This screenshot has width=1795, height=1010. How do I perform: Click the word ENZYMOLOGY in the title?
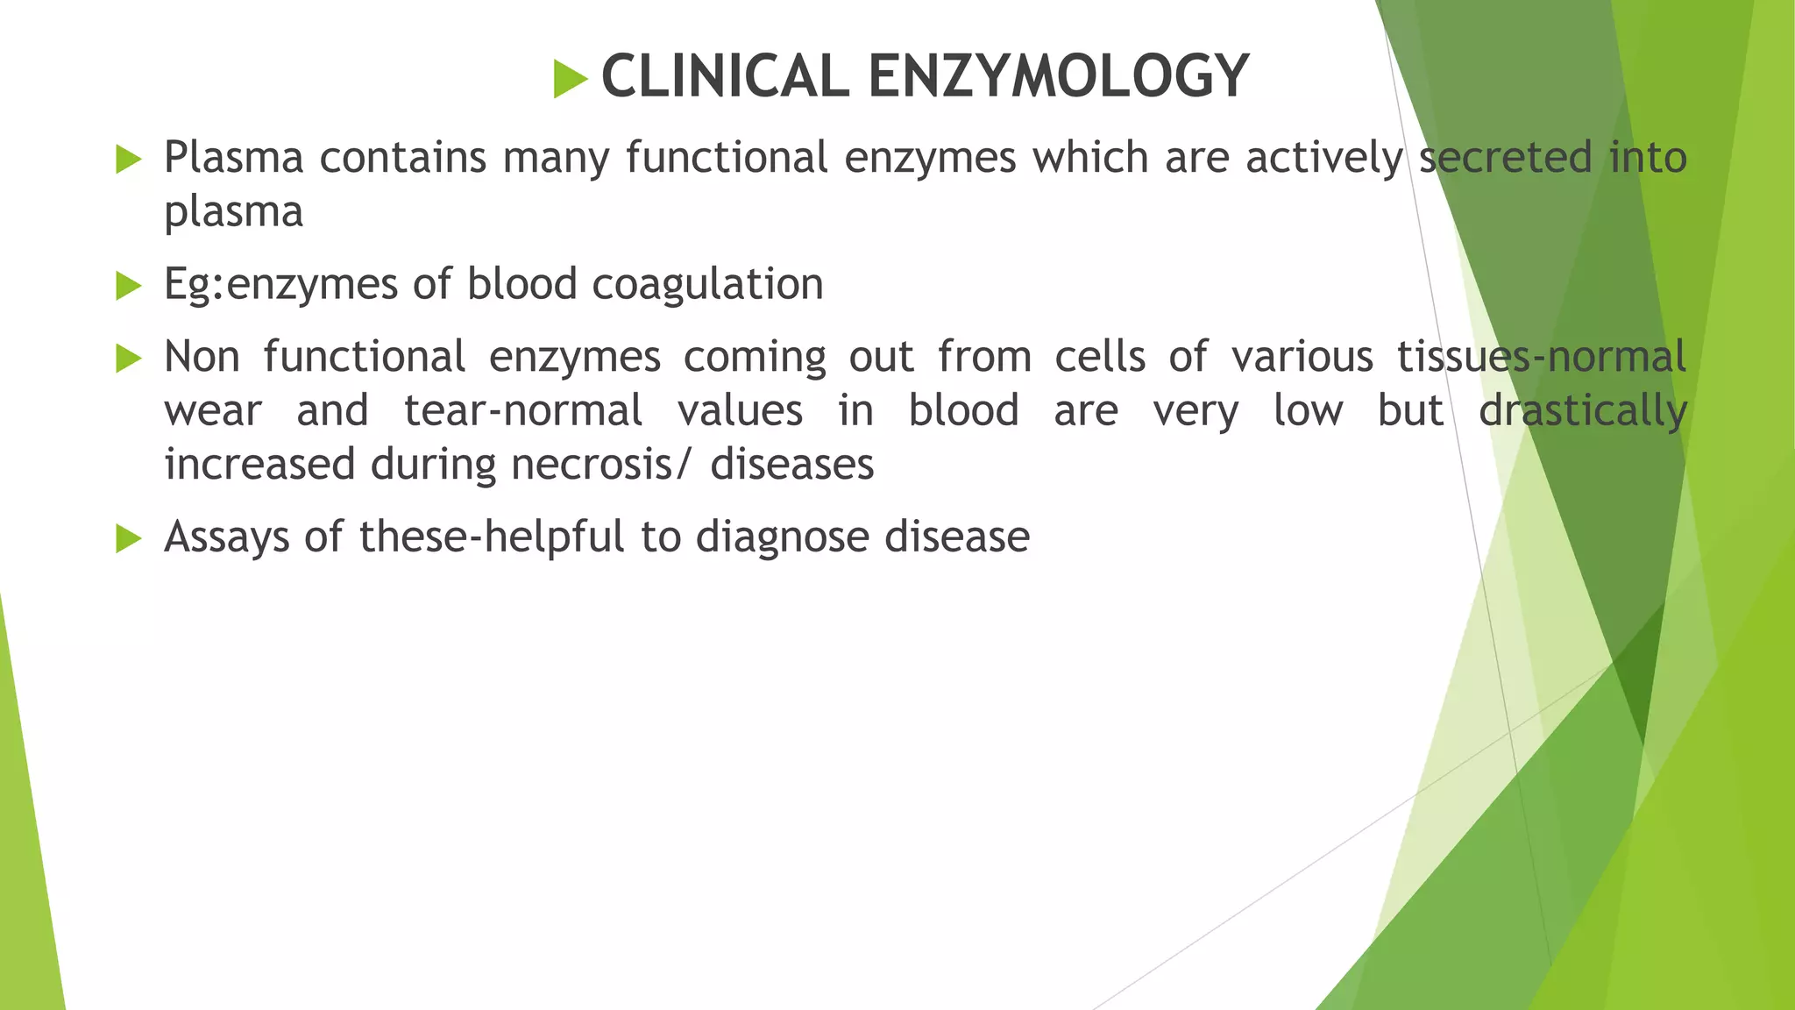(x=1058, y=76)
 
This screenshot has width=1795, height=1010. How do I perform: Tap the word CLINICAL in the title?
(x=725, y=76)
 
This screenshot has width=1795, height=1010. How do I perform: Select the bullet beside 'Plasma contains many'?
(x=129, y=160)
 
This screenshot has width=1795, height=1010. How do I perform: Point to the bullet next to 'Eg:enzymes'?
(x=129, y=286)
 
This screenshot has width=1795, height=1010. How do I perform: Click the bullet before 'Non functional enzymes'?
(x=129, y=358)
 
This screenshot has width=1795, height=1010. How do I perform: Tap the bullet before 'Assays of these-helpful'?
(x=129, y=538)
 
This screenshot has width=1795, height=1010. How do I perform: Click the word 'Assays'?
(x=226, y=537)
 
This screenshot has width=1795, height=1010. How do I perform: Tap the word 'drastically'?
(x=1582, y=411)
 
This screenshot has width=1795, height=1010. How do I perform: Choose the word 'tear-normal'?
(x=523, y=411)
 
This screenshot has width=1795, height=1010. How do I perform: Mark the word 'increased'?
(x=259, y=465)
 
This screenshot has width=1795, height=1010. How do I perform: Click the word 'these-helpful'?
(x=492, y=537)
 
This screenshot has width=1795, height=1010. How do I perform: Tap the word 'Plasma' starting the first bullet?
(x=233, y=158)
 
